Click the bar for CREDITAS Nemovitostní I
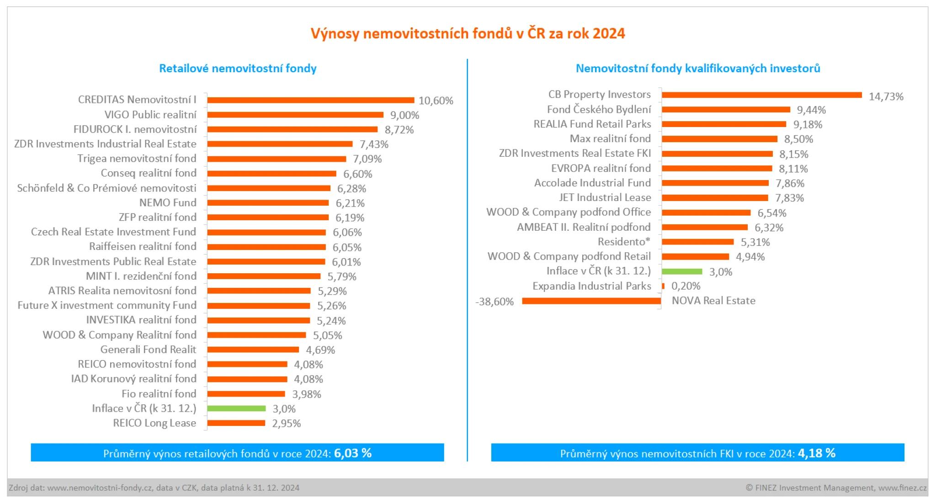tap(310, 100)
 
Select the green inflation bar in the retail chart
tap(236, 409)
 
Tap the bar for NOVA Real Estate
tap(591, 301)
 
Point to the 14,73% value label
tap(886, 97)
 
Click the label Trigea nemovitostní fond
tap(137, 159)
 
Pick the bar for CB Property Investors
tap(761, 95)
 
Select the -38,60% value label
tap(495, 302)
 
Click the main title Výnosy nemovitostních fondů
tap(468, 34)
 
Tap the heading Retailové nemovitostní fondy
tap(238, 69)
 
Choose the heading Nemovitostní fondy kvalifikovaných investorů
tap(698, 69)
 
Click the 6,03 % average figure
tap(353, 453)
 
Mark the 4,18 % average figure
tap(817, 453)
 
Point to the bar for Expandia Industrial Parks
tap(663, 286)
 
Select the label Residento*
tap(624, 242)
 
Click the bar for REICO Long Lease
tap(236, 423)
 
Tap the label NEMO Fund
tap(168, 202)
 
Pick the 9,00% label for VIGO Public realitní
tap(404, 115)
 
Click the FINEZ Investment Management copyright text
tap(836, 488)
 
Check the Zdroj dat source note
tap(154, 488)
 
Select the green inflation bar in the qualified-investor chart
tap(682, 272)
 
